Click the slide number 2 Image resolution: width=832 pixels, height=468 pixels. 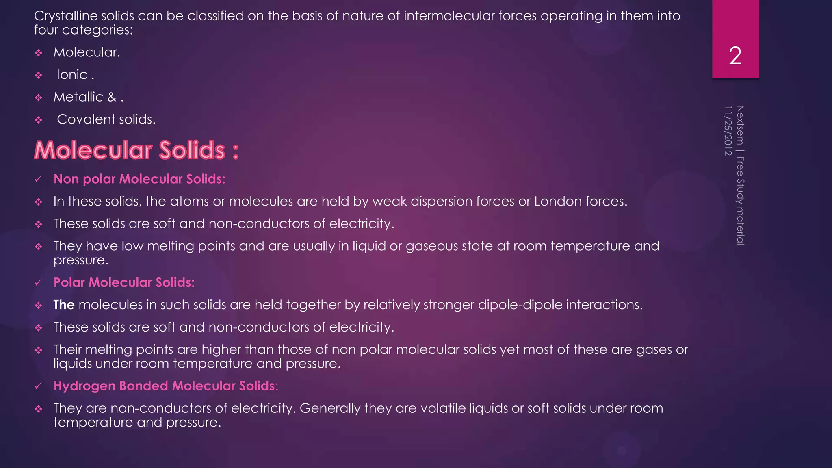coord(735,56)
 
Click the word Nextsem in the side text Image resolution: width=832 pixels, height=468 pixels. coord(740,125)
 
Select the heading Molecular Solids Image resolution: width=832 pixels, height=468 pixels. coord(136,150)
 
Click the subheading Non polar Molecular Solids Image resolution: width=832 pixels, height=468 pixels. coord(139,179)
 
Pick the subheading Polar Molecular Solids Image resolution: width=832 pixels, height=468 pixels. coord(124,283)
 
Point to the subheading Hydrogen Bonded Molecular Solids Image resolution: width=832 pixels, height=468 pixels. coord(166,386)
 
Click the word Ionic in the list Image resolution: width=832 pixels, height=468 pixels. coord(72,75)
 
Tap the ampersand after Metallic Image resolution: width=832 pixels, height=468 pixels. coord(112,97)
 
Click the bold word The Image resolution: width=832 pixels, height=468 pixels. coord(64,305)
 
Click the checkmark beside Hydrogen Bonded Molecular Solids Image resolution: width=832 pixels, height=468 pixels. coord(38,386)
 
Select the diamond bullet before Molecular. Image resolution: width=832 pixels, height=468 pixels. coord(39,53)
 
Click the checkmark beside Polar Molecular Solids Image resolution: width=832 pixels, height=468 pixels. coord(38,283)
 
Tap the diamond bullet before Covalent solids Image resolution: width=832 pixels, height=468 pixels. coord(39,120)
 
